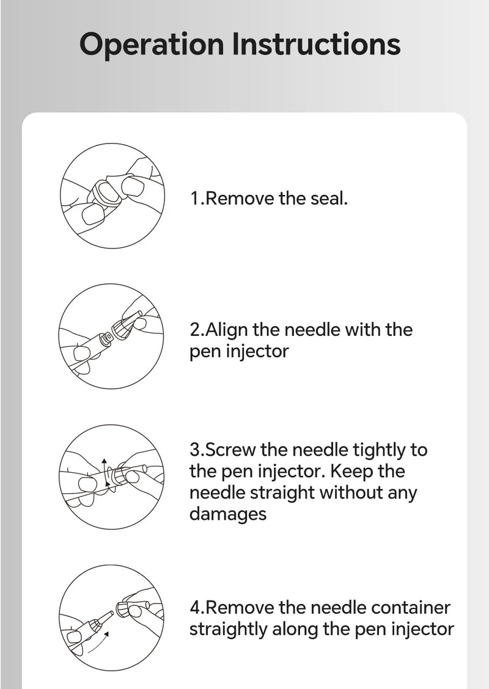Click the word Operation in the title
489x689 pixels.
point(152,45)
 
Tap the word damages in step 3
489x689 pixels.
point(228,514)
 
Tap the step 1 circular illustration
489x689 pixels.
point(112,196)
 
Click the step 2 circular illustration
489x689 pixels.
point(111,336)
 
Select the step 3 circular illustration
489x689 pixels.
point(111,477)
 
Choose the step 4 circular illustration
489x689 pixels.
point(111,618)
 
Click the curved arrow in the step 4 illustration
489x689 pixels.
point(98,646)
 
